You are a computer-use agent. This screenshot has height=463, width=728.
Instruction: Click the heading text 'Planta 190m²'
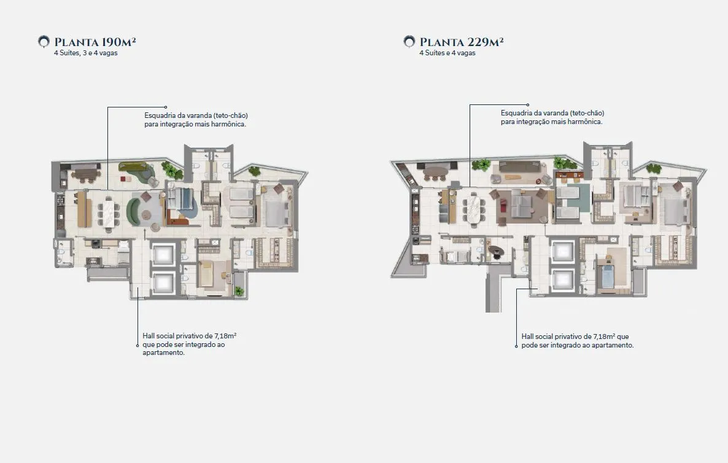point(95,42)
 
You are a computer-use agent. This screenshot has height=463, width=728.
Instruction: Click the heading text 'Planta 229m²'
point(462,42)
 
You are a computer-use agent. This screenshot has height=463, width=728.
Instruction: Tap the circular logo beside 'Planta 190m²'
point(44,42)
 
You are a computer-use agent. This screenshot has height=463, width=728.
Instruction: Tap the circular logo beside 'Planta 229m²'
point(409,42)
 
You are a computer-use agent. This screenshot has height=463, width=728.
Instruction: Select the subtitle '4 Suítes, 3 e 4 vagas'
point(86,53)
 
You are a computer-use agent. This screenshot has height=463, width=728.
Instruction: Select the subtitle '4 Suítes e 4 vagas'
point(447,53)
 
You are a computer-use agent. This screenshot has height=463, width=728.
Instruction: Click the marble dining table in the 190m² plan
point(109,213)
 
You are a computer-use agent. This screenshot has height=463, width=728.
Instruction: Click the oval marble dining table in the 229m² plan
point(474,209)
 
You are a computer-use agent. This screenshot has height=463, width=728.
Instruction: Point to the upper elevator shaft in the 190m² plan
point(163,254)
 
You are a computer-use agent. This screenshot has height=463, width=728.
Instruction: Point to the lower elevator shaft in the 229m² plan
point(563,280)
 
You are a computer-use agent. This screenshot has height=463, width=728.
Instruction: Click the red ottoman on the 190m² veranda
point(123,179)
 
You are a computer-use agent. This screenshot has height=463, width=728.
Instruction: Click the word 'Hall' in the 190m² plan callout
point(149,336)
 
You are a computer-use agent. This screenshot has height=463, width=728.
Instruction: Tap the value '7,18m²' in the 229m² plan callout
point(604,337)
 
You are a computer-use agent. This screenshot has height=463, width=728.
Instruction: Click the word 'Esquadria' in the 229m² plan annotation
point(516,113)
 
